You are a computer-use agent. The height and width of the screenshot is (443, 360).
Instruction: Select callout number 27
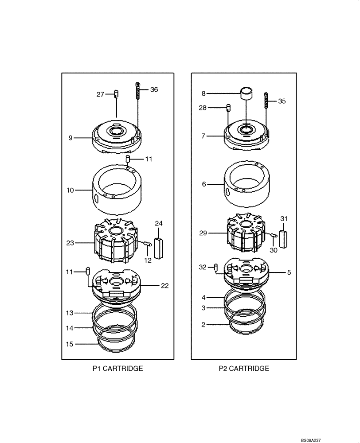[101, 94]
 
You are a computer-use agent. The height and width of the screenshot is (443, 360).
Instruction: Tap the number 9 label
[70, 138]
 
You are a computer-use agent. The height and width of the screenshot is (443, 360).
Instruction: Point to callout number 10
[70, 190]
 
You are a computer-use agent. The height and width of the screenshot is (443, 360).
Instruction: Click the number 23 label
[70, 243]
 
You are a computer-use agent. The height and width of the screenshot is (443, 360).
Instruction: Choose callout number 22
[164, 286]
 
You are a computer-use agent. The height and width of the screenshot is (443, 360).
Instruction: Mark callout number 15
[70, 344]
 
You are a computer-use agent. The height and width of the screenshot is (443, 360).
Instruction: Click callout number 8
[203, 93]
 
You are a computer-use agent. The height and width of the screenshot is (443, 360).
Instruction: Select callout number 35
[282, 101]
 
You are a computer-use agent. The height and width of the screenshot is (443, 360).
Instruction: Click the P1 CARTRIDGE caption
[117, 368]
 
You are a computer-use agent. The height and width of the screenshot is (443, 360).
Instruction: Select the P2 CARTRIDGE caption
[244, 368]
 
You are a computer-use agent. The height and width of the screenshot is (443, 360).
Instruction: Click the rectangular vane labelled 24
[157, 245]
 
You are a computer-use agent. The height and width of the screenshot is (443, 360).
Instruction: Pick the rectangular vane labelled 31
[284, 239]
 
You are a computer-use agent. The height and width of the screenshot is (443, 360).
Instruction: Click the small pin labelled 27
[117, 94]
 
